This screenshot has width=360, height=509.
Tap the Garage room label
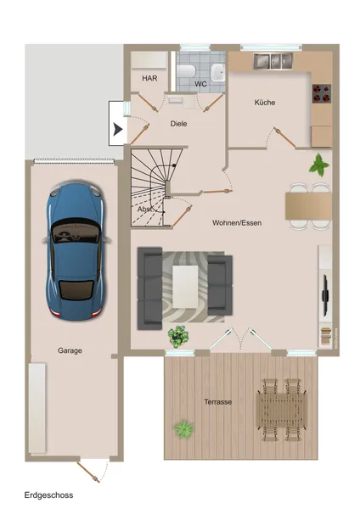70,350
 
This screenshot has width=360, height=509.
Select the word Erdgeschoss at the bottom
48,495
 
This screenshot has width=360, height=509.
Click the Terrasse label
218,401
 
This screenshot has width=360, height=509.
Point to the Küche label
265,103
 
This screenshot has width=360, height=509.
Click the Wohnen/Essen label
237,223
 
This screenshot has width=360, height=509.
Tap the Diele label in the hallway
178,124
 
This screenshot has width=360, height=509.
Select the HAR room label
149,78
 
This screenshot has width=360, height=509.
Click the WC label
200,84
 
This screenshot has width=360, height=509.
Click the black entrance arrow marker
118,130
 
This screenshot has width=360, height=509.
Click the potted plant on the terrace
183,429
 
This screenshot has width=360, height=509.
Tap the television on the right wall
323,294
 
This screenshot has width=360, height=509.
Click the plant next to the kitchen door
319,164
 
